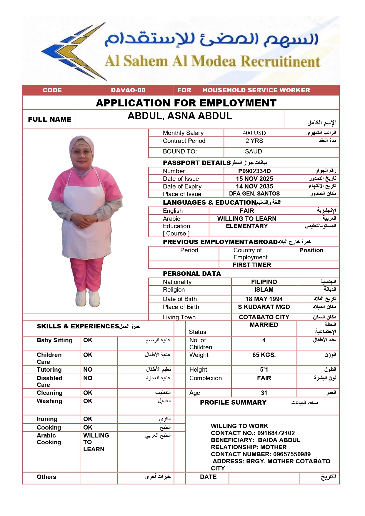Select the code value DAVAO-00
[x=128, y=90]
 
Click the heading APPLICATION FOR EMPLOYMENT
[x=186, y=103]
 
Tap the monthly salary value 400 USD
[x=254, y=133]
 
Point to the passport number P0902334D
[x=254, y=171]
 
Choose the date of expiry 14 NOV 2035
[x=254, y=186]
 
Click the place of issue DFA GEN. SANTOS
[x=254, y=194]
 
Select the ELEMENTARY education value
[x=247, y=226]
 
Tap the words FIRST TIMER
[x=252, y=265]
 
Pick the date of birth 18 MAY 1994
[x=264, y=299]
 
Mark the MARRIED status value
[x=264, y=325]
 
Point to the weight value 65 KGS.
[x=264, y=355]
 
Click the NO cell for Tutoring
[x=88, y=370]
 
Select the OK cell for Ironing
[x=88, y=419]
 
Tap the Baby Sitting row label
[x=54, y=340]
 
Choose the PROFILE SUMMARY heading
[x=233, y=403]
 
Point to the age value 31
[x=264, y=393]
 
